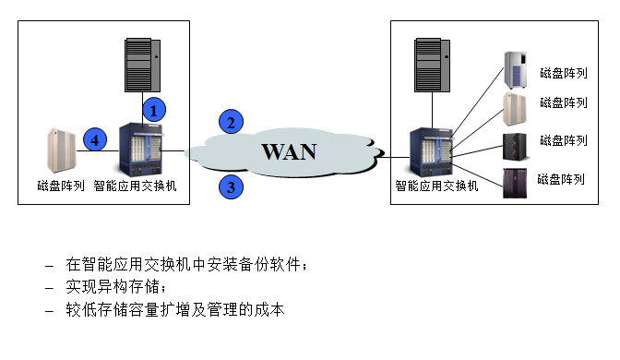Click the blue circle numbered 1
pyautogui.click(x=156, y=108)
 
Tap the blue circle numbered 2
pyautogui.click(x=232, y=122)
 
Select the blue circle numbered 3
pyautogui.click(x=232, y=187)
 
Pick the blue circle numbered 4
pyautogui.click(x=93, y=139)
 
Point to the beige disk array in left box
pyautogui.click(x=61, y=150)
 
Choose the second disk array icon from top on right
pyautogui.click(x=514, y=109)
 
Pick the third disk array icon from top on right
pyautogui.click(x=514, y=146)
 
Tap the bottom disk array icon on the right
pyautogui.click(x=514, y=182)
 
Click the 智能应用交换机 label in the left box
pyautogui.click(x=136, y=186)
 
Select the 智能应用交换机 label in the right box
pyautogui.click(x=437, y=185)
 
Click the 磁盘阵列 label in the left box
pyautogui.click(x=61, y=186)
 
